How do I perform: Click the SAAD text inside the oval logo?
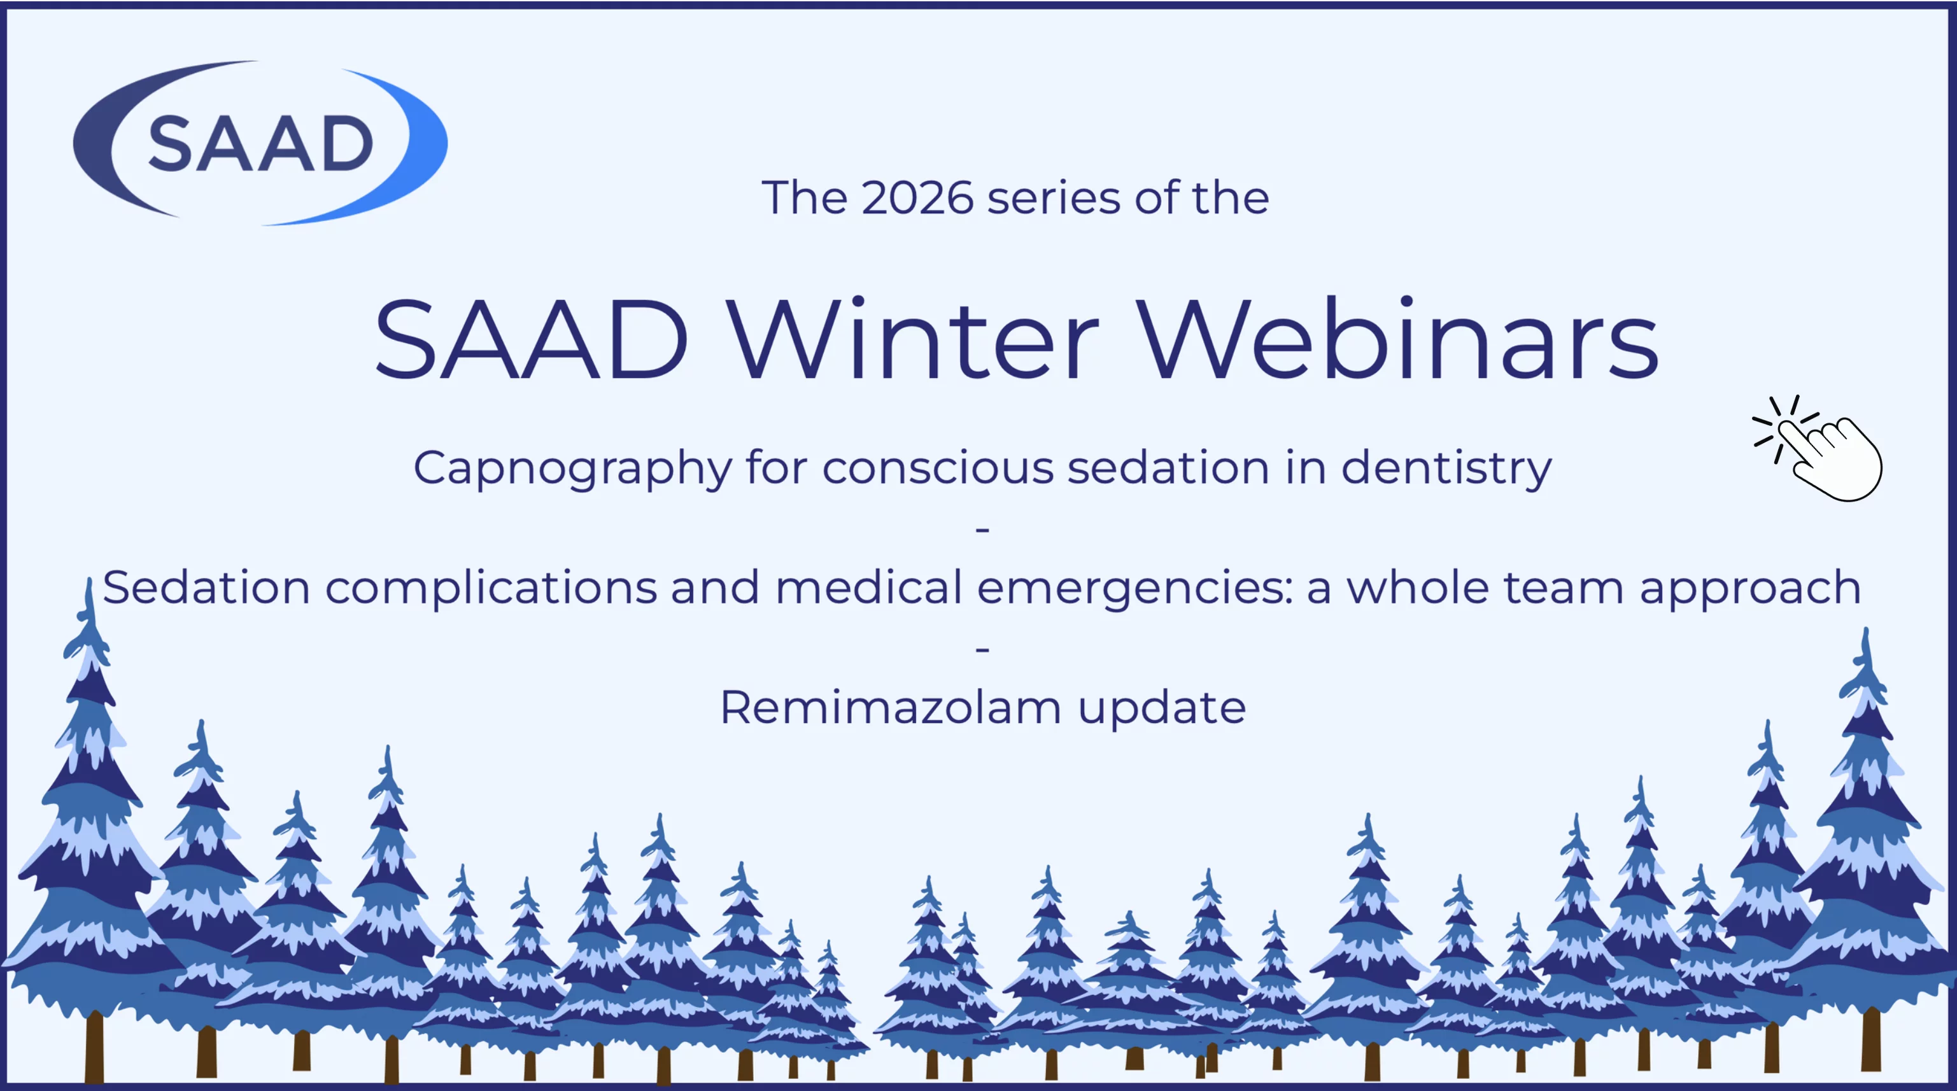(x=260, y=144)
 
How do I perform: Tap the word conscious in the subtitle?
(x=938, y=467)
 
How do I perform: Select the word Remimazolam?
(x=891, y=708)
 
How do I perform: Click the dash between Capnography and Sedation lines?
(x=982, y=529)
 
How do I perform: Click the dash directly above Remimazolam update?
(x=982, y=649)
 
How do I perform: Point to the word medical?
(x=868, y=588)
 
